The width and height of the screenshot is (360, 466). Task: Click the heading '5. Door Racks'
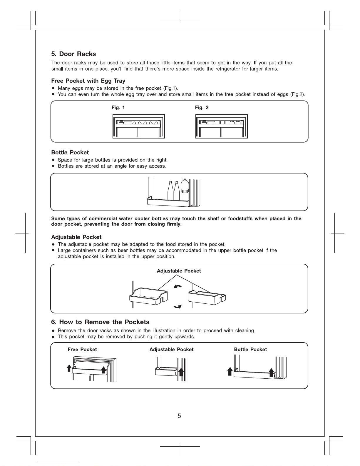click(x=73, y=54)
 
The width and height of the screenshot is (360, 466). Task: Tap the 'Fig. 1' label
click(x=118, y=108)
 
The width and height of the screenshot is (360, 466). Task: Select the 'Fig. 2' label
click(x=202, y=108)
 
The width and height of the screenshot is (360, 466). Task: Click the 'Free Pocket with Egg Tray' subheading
click(x=88, y=81)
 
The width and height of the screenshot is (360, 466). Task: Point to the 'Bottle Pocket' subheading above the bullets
click(x=70, y=153)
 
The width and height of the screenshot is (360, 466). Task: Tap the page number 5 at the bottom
click(x=179, y=416)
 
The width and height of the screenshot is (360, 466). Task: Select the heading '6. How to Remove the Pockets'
click(x=100, y=322)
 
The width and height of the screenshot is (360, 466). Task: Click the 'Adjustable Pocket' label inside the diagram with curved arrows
click(x=179, y=271)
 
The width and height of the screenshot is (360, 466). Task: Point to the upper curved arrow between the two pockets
click(x=178, y=286)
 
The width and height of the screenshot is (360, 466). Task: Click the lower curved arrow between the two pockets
click(x=178, y=307)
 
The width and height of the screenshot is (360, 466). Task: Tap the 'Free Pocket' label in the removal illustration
click(x=82, y=349)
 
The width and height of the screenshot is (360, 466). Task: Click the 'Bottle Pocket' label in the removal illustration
click(x=250, y=349)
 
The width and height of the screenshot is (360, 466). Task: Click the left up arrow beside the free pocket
click(x=69, y=368)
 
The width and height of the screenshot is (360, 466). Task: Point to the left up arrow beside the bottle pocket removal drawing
click(x=230, y=371)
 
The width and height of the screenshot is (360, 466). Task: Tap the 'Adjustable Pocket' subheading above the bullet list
click(x=76, y=237)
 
